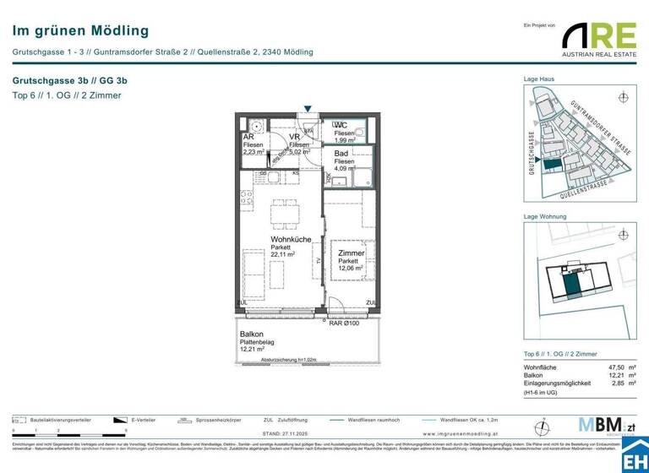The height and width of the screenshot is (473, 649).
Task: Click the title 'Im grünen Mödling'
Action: pyautogui.click(x=81, y=31)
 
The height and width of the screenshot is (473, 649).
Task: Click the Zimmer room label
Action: pyautogui.click(x=351, y=253)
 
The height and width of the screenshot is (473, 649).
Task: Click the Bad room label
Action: pyautogui.click(x=340, y=154)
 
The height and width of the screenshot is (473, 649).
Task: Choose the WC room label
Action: pyautogui.click(x=341, y=126)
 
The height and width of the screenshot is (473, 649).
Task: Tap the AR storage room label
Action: pyautogui.click(x=248, y=137)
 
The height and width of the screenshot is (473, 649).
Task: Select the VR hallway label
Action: pyautogui.click(x=295, y=137)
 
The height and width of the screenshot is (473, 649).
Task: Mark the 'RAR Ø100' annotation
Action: pyautogui.click(x=345, y=323)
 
